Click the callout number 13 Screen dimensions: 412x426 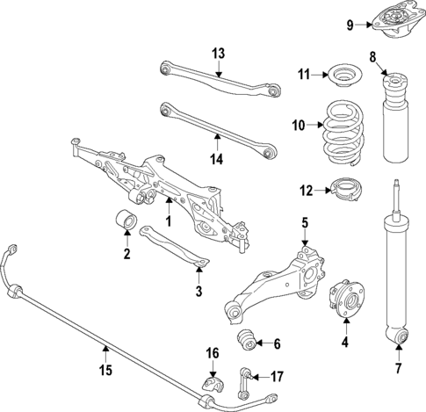click(218, 53)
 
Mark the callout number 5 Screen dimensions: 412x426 click(304, 223)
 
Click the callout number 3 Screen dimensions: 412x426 click(199, 291)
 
